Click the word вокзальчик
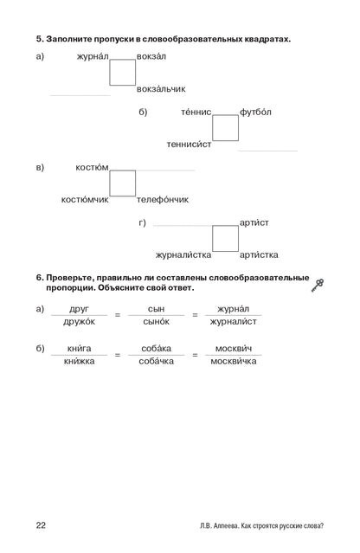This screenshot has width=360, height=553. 161,88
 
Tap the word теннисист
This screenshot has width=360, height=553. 189,144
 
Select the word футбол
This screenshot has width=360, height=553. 255,112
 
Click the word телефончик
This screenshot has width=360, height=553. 163,199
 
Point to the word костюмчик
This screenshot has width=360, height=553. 85,200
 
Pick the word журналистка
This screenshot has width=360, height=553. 183,254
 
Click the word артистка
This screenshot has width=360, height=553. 259,254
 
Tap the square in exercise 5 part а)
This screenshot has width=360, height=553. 122,60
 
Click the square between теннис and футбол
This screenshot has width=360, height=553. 225,115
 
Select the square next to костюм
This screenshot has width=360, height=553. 122,170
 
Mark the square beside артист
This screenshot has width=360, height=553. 225,226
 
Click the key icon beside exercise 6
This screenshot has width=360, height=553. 318,285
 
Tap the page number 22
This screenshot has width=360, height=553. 41,525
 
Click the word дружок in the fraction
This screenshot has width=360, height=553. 79,321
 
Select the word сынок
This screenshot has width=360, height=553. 156,321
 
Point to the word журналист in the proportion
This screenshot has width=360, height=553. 233,321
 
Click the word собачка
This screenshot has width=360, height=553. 156,361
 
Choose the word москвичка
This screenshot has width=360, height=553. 234,361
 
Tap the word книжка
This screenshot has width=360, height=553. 79,361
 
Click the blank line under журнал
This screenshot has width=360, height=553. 80,95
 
